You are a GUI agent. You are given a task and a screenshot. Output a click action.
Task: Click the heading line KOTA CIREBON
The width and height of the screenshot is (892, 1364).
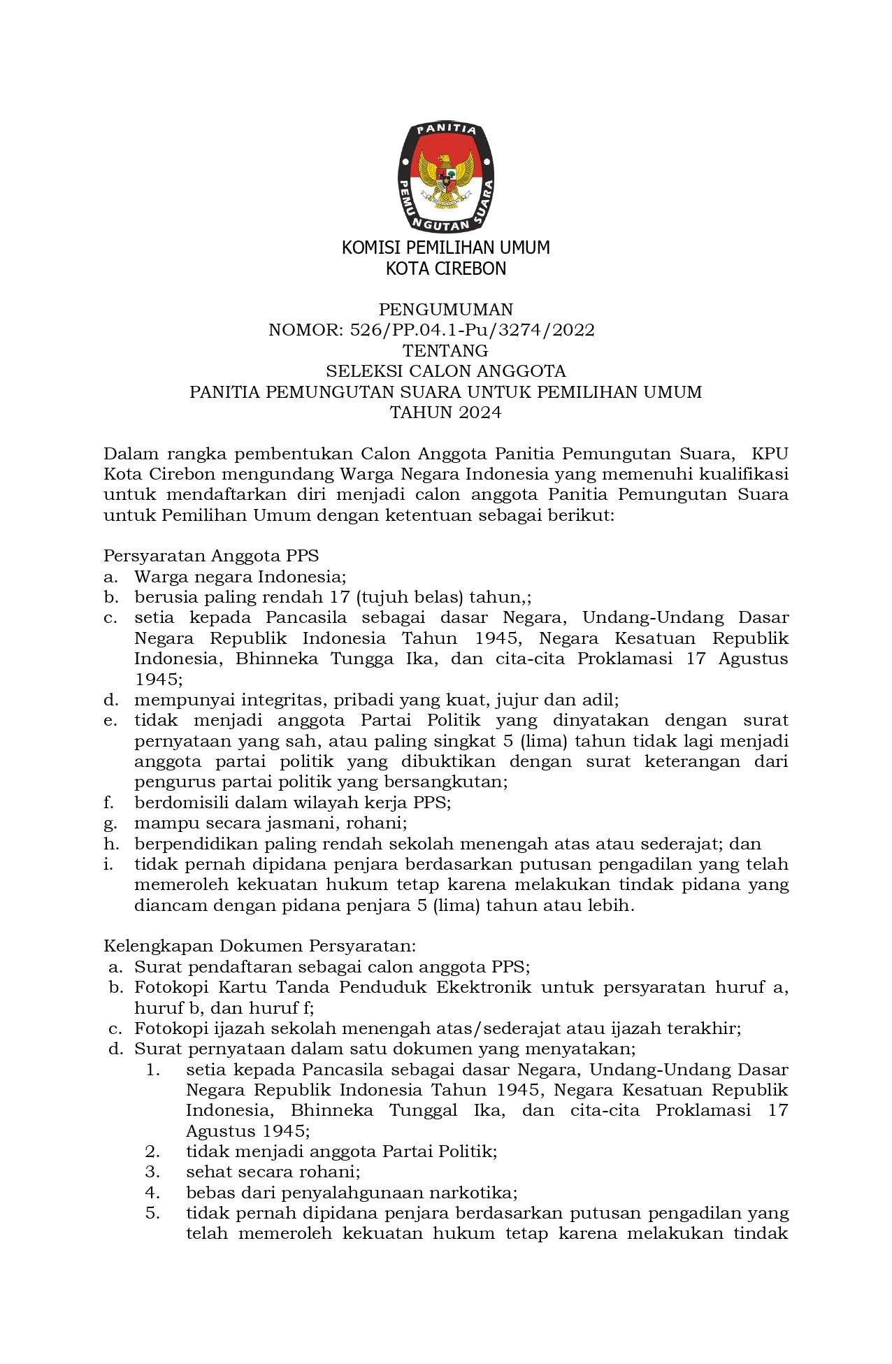pyautogui.click(x=446, y=268)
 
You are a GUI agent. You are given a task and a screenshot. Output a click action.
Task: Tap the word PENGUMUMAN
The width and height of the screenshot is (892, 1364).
pyautogui.click(x=446, y=309)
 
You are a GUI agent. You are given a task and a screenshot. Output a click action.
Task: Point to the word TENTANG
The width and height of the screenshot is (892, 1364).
pyautogui.click(x=446, y=350)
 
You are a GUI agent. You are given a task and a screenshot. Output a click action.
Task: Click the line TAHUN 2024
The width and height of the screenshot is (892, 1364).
pyautogui.click(x=446, y=412)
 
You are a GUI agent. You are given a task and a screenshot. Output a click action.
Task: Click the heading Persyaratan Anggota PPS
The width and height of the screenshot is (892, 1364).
pyautogui.click(x=211, y=556)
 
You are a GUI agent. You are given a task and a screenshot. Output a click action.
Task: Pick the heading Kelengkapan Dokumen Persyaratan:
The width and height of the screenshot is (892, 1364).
pyautogui.click(x=260, y=946)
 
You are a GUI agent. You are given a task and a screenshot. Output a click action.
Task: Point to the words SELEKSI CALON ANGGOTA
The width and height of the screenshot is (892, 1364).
pyautogui.click(x=446, y=371)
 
